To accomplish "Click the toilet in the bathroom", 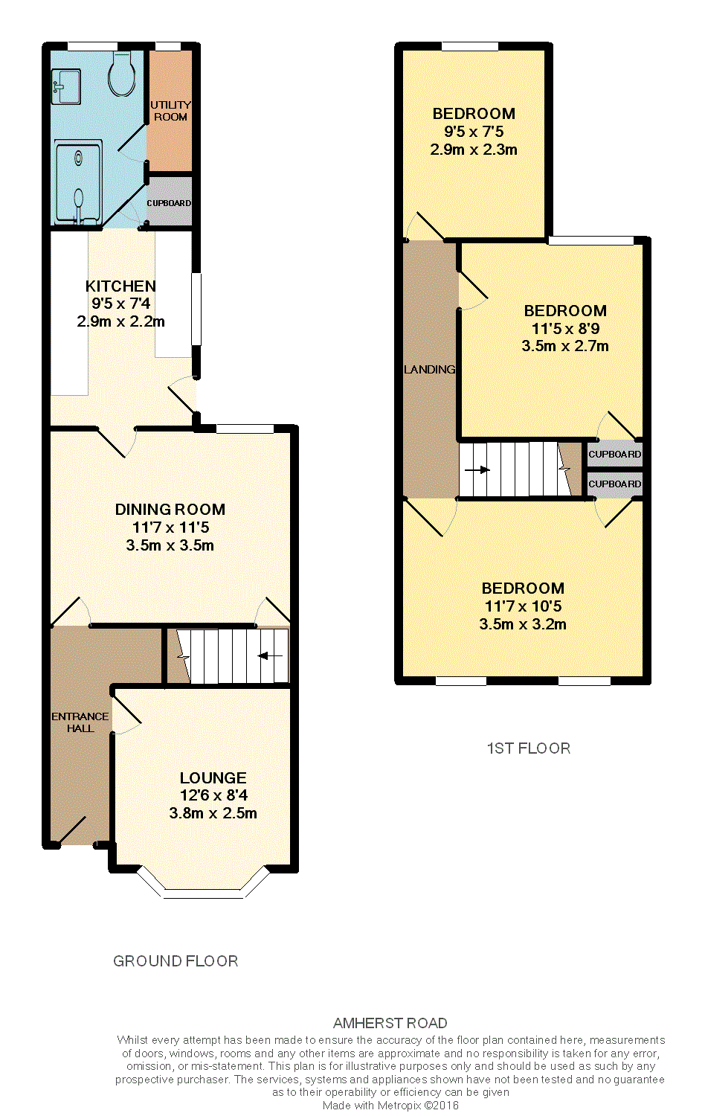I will tap(122, 74).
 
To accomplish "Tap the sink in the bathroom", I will tap(66, 86).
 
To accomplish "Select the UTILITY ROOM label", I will tap(170, 111).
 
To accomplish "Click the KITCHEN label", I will tap(120, 286).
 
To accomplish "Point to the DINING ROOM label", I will tap(170, 510).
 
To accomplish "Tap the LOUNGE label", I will tap(213, 778).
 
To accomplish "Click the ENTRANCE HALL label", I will tap(80, 722).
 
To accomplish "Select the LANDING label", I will tap(429, 370).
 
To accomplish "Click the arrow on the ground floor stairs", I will tap(270, 655).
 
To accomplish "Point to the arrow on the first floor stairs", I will tap(477, 470).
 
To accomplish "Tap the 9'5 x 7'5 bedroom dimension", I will tap(474, 132).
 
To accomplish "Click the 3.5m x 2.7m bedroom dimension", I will tap(565, 346).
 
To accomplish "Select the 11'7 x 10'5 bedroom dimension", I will tap(523, 606).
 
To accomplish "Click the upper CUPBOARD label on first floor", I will tap(614, 455).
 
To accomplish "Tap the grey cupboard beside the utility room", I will tap(170, 202).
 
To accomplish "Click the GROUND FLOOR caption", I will tap(176, 961).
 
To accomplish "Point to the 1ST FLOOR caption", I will tap(528, 748).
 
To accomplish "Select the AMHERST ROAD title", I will tap(390, 1023).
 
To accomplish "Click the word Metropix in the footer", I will tap(399, 1106).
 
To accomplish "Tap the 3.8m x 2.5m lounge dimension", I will tap(213, 814).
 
